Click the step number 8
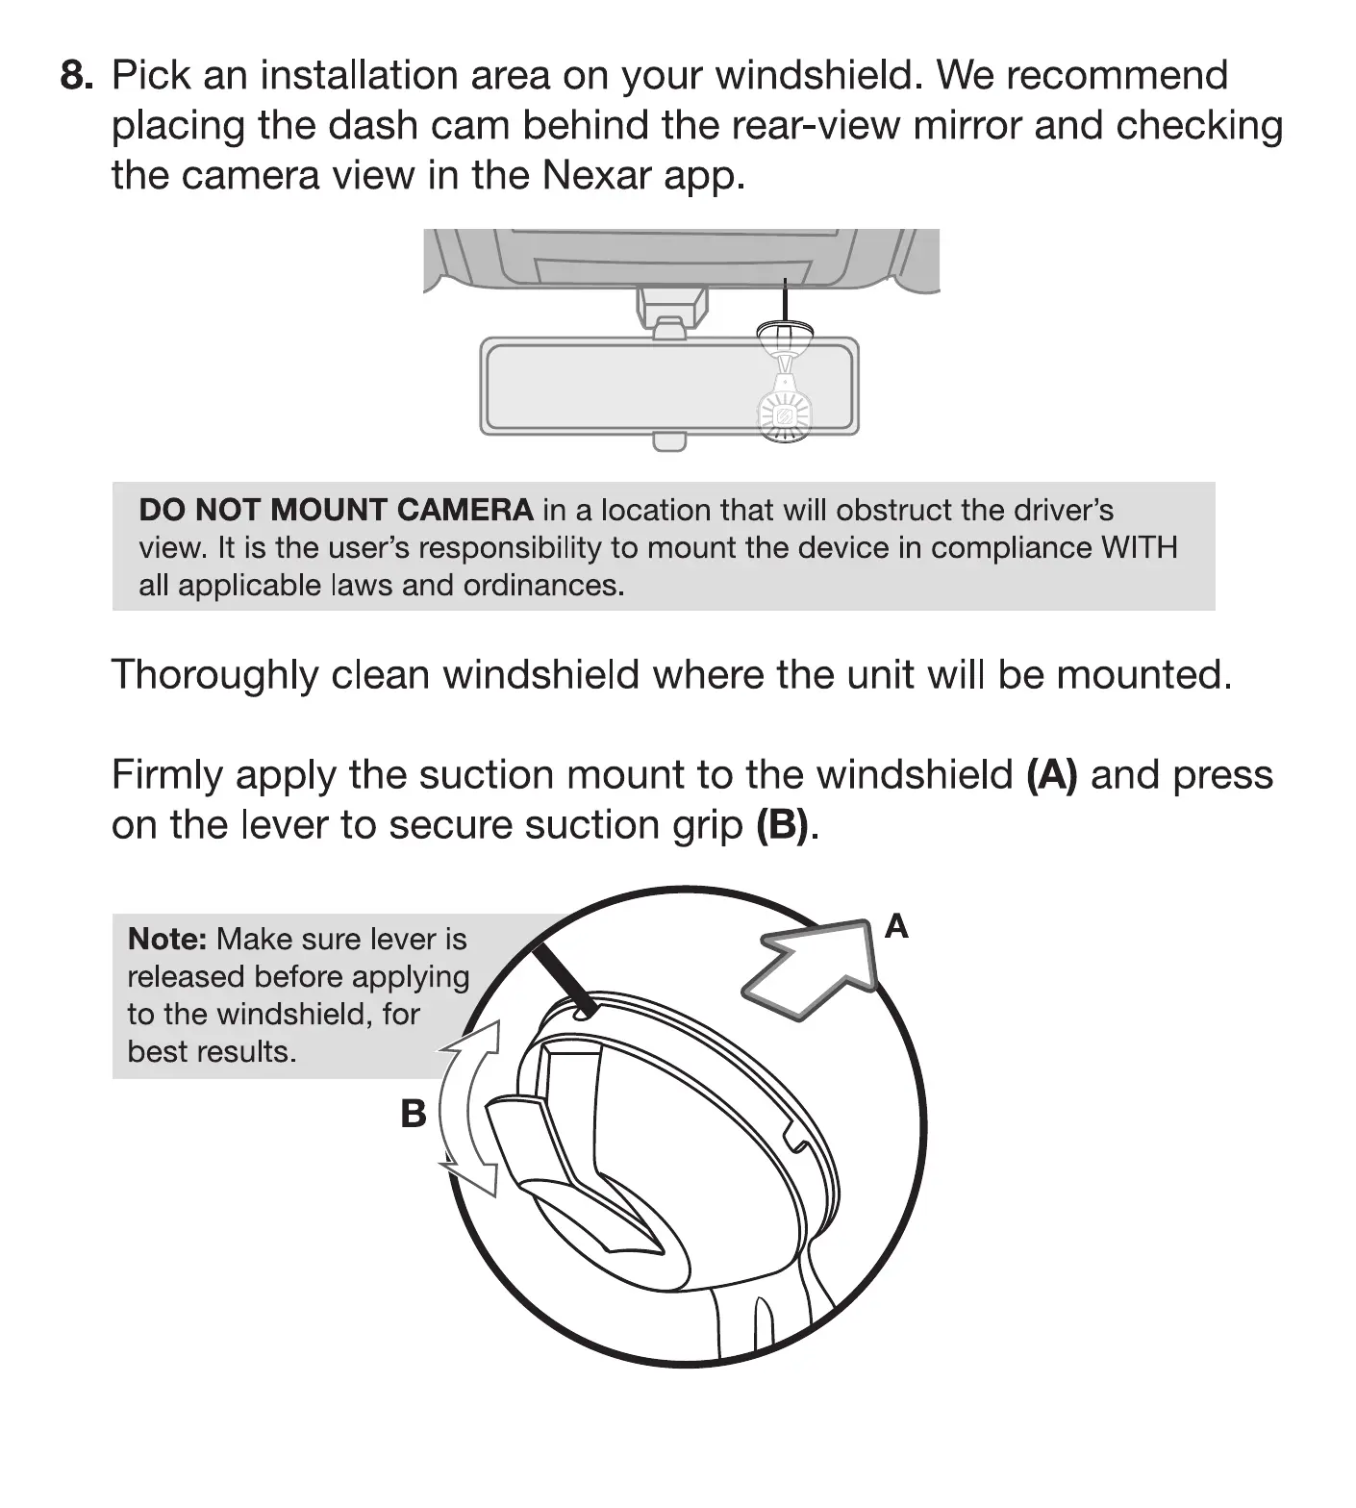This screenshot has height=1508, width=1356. click(x=76, y=75)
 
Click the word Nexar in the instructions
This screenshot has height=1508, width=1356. click(x=596, y=175)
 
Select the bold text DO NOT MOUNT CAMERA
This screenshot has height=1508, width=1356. click(x=336, y=510)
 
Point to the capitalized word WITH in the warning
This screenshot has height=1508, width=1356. click(x=1139, y=547)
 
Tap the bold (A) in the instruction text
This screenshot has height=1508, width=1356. click(x=1052, y=774)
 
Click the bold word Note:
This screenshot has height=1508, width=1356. click(x=167, y=939)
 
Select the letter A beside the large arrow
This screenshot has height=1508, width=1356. click(x=896, y=926)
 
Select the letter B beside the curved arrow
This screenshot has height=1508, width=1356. click(x=413, y=1114)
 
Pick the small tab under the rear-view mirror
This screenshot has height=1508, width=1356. click(x=668, y=442)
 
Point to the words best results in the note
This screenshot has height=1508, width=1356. click(x=212, y=1051)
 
